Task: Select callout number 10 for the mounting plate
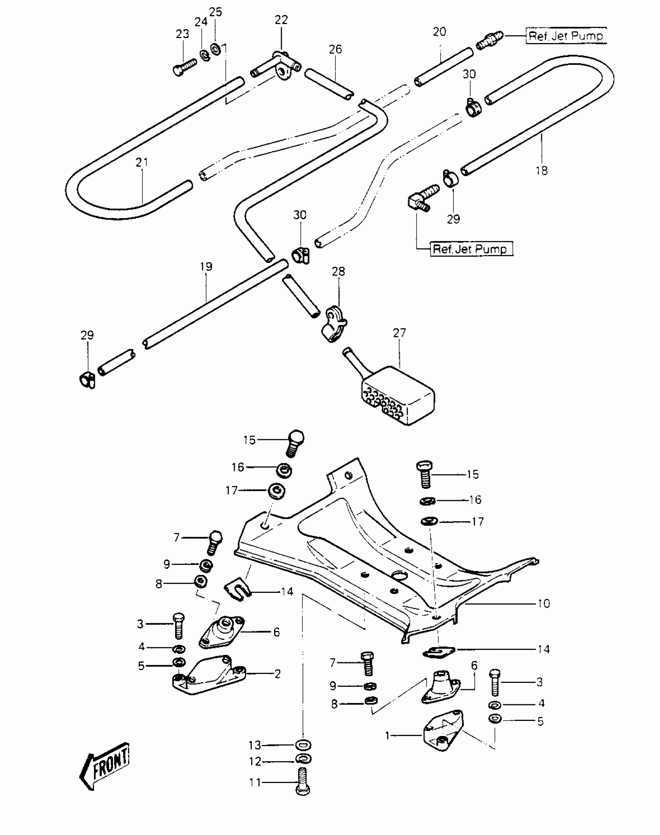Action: tap(544, 604)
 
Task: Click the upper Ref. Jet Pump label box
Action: tap(566, 36)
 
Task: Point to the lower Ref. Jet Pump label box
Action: tap(471, 249)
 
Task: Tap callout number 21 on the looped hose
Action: tap(142, 162)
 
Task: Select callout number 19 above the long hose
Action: tap(206, 267)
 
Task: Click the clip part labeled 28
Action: tap(333, 324)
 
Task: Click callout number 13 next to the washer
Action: tap(255, 745)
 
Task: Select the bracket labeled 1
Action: tap(443, 731)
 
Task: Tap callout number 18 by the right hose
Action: tap(542, 170)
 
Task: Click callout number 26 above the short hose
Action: tap(335, 49)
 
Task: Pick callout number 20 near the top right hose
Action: tap(439, 32)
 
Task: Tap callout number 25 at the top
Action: tap(215, 12)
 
